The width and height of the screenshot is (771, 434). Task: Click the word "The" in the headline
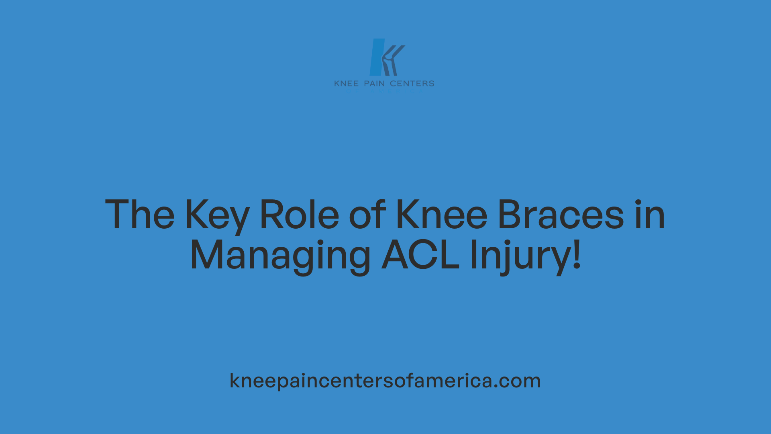(x=140, y=215)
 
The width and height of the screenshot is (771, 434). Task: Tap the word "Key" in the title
(x=217, y=215)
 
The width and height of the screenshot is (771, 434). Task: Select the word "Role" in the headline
(x=300, y=215)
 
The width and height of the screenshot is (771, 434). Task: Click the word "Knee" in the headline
(x=441, y=215)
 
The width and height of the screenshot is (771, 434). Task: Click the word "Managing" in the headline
(x=280, y=256)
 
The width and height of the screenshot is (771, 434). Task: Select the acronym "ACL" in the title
(x=420, y=255)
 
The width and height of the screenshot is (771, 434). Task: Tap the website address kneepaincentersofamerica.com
(x=385, y=381)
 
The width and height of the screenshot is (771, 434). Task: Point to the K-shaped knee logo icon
(x=387, y=57)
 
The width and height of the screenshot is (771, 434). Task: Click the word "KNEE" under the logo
(x=346, y=84)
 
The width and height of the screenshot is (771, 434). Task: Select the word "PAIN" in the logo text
(x=374, y=84)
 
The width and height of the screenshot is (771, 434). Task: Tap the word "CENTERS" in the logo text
(x=412, y=84)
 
